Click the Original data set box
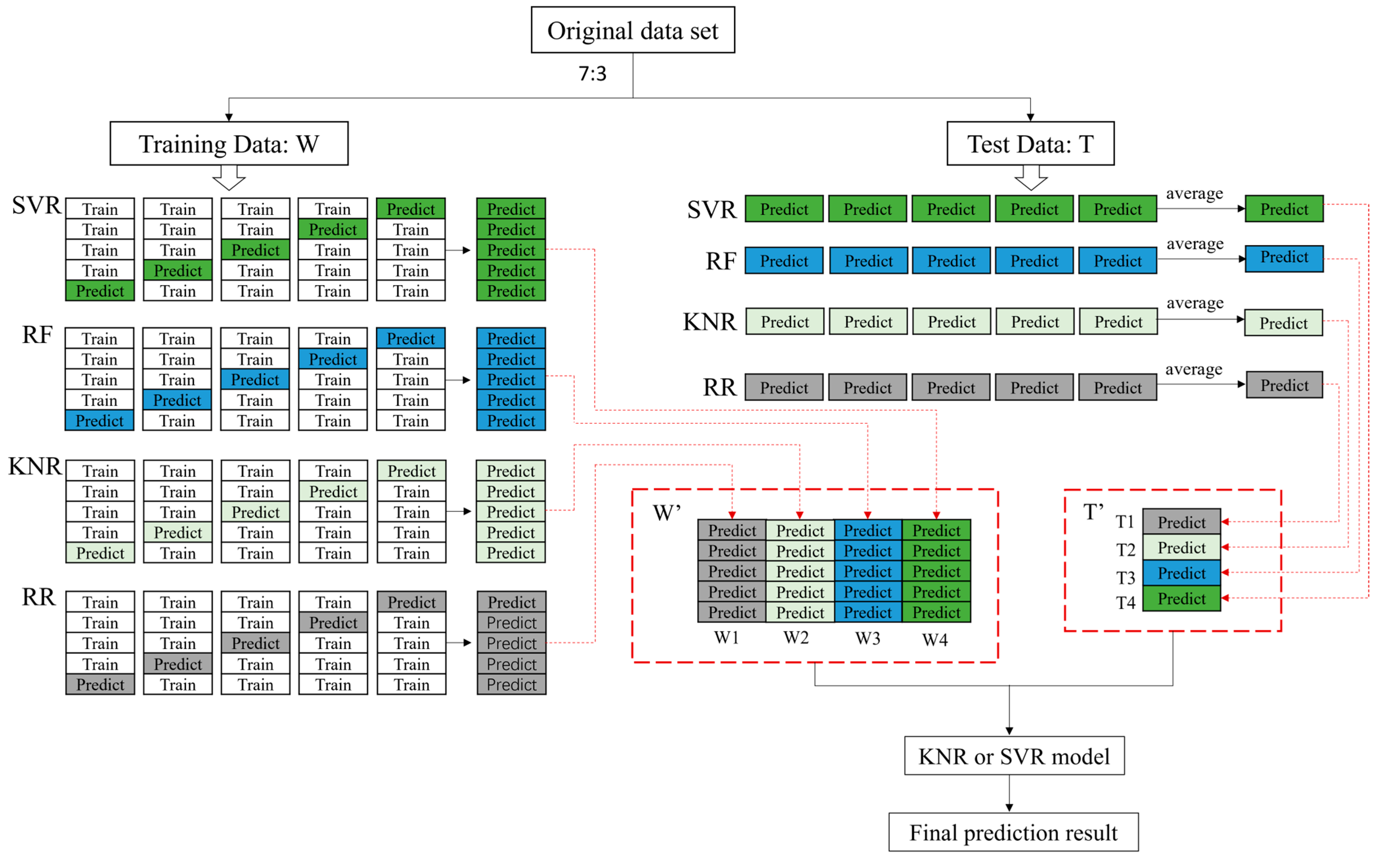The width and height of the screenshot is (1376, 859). pos(633,30)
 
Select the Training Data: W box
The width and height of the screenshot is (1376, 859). pos(229,144)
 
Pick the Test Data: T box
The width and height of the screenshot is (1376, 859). pos(1030,144)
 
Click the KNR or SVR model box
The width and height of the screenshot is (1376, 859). pos(1014,756)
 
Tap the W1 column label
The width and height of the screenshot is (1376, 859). pos(726,637)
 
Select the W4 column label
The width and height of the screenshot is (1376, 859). pos(935,640)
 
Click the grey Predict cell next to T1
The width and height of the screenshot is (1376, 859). pos(1181,522)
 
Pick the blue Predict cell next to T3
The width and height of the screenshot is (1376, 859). pos(1181,573)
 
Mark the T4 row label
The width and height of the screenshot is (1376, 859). pos(1125,602)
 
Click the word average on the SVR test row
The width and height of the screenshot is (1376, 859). pos(1194,194)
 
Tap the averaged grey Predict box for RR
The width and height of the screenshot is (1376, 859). pos(1284,385)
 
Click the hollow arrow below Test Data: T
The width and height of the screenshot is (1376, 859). pos(1031,178)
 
